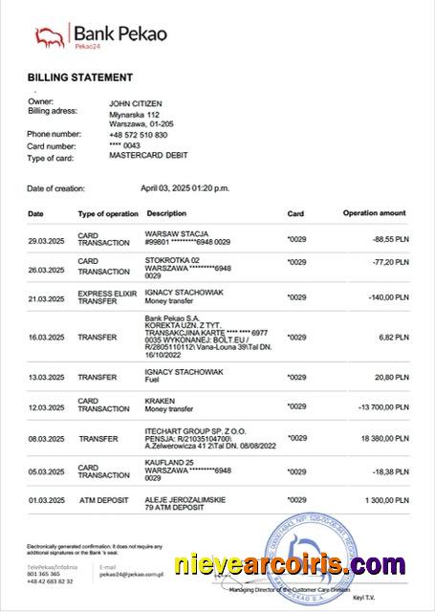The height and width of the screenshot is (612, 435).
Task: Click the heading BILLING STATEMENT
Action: [x=79, y=76]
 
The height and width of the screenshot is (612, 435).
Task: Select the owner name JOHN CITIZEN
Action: [x=137, y=102]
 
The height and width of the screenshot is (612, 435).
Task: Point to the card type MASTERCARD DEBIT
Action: [x=149, y=155]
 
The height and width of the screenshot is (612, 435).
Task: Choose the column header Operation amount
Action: [x=374, y=213]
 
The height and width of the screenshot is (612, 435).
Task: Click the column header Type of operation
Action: [x=108, y=213]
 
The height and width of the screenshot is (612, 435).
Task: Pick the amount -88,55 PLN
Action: [x=388, y=239]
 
